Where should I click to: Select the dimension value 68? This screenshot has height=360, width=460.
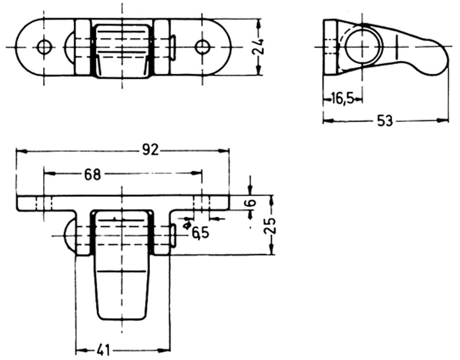(x=92, y=174)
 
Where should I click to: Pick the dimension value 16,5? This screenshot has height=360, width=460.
(x=342, y=99)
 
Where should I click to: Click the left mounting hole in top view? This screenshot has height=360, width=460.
(x=44, y=47)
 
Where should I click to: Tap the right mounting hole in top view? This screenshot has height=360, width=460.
(x=202, y=47)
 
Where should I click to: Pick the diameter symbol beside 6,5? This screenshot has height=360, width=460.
(x=186, y=225)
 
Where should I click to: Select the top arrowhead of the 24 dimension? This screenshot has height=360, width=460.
(x=258, y=22)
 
